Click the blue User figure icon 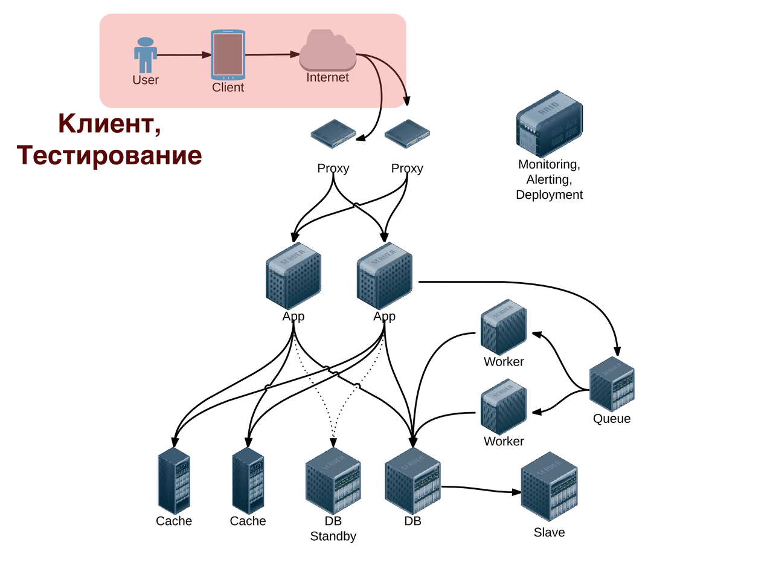tap(146, 55)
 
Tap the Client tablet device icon tap(228, 54)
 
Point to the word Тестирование tap(109, 155)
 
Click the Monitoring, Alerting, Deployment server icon tap(549, 124)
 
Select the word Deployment tap(549, 195)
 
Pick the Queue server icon tap(612, 384)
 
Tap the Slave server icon tap(549, 486)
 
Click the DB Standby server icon tap(333, 481)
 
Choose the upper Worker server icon tap(504, 327)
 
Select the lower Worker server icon tap(504, 407)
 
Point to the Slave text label tap(549, 532)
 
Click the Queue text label tap(612, 419)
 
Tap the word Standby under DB tap(333, 536)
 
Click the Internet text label tap(327, 77)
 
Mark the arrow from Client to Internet tap(272, 54)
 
